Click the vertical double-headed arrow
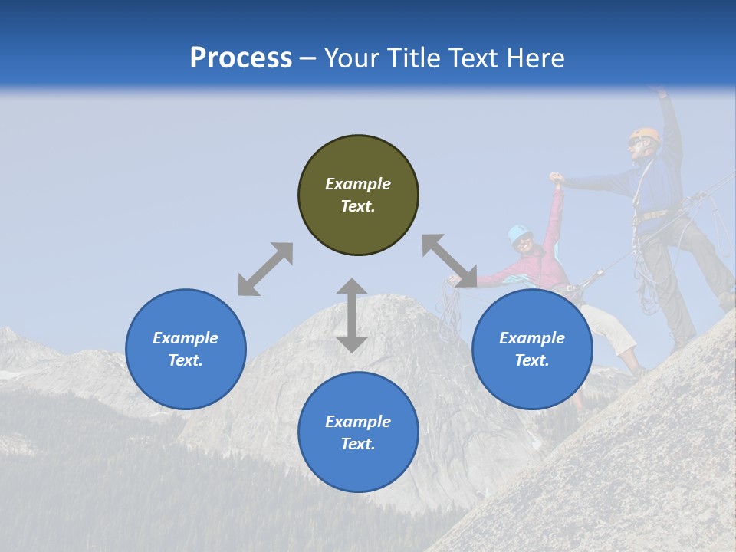pyautogui.click(x=352, y=315)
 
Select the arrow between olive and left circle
pyautogui.click(x=265, y=269)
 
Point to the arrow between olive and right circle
pyautogui.click(x=449, y=261)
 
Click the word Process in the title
pyautogui.click(x=241, y=58)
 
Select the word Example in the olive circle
pyautogui.click(x=358, y=184)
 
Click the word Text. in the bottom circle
pyautogui.click(x=358, y=444)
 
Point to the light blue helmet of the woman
pyautogui.click(x=520, y=231)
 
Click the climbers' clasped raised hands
pyautogui.click(x=557, y=179)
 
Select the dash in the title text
pyautogui.click(x=308, y=59)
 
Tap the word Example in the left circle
pyautogui.click(x=186, y=338)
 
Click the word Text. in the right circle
pyautogui.click(x=532, y=360)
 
